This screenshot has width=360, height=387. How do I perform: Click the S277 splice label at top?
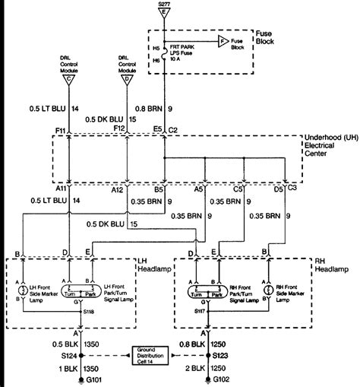pos(163,5)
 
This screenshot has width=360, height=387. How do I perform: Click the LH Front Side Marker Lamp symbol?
pos(24,290)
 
